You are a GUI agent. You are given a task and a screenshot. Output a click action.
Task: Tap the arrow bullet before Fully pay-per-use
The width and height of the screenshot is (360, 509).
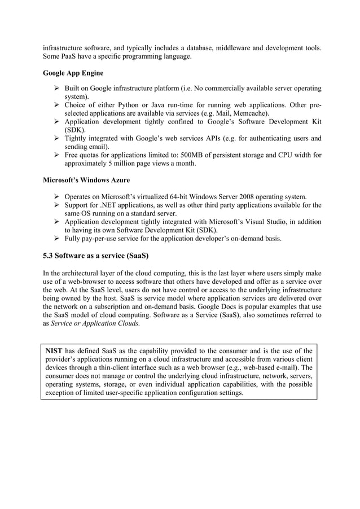point(56,238)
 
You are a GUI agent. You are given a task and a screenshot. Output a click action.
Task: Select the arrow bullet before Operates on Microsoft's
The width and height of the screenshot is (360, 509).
point(56,196)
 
